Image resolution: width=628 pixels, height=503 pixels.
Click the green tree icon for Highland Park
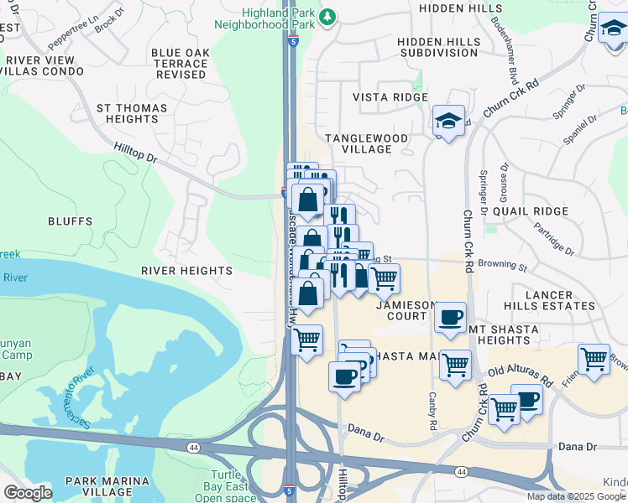[328, 16]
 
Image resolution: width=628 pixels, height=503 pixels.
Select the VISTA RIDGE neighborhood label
[390, 97]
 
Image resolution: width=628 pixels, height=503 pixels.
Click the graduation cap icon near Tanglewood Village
[449, 121]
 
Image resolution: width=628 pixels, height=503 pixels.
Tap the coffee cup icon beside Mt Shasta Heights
[451, 317]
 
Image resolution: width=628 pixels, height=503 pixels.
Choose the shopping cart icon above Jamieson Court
[384, 277]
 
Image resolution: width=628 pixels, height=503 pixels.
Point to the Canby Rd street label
[433, 411]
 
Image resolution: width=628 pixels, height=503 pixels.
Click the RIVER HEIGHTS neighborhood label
[186, 271]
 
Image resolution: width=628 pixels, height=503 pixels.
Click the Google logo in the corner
[28, 493]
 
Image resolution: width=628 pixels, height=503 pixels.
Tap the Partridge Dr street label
[554, 239]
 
